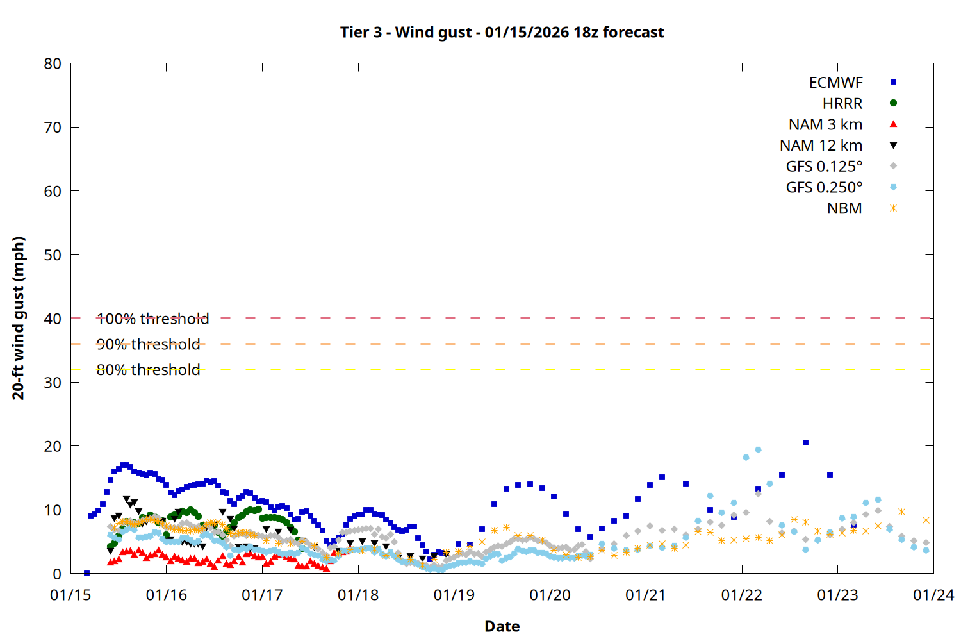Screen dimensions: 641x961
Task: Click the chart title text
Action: tap(502, 32)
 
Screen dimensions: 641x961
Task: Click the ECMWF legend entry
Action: tap(835, 83)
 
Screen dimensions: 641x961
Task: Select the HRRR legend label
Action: tap(842, 104)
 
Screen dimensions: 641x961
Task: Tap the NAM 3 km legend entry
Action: tap(825, 124)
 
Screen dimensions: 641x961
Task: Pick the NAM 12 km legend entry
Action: tap(821, 146)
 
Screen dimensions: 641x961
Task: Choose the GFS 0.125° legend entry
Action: tap(824, 167)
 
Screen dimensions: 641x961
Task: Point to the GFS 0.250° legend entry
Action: tap(824, 188)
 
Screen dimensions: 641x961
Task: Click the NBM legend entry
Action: tap(844, 208)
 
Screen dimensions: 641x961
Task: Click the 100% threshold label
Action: tap(152, 319)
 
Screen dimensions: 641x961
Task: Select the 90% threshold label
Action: tap(148, 344)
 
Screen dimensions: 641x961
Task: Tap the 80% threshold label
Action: tap(148, 370)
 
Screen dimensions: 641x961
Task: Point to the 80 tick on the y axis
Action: tap(53, 63)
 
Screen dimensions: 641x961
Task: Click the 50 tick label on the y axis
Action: tap(53, 254)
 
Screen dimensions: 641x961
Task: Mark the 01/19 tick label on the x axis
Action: tap(454, 595)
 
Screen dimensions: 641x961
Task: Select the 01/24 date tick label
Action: tap(933, 595)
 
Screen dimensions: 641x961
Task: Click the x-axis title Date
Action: tap(502, 626)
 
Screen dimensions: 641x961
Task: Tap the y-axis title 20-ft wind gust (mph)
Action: tap(19, 318)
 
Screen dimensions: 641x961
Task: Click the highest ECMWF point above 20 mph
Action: tap(805, 443)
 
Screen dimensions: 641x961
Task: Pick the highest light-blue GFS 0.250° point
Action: tap(758, 450)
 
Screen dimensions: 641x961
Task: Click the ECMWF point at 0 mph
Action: tap(86, 573)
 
